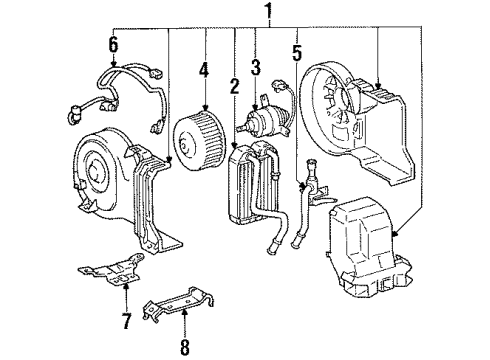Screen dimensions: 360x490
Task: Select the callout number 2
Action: [x=234, y=87]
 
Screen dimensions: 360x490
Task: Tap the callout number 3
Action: [x=256, y=68]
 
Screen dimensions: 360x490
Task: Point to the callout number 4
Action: [x=204, y=70]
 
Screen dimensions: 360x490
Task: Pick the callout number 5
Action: [x=297, y=47]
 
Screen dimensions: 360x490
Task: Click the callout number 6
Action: [x=114, y=43]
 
